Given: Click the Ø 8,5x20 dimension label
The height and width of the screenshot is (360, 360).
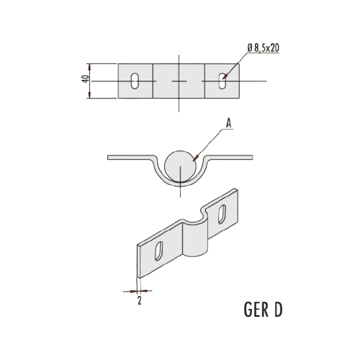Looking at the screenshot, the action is pyautogui.click(x=263, y=48).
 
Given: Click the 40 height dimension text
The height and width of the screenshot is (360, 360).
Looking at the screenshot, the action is pyautogui.click(x=86, y=79).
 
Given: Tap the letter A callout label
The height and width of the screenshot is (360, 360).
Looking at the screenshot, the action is pyautogui.click(x=229, y=124).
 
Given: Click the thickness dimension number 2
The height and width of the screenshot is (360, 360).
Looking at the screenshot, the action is pyautogui.click(x=140, y=300).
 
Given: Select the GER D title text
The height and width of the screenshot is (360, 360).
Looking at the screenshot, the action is pyautogui.click(x=263, y=310).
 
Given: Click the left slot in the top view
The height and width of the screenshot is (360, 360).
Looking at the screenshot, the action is pyautogui.click(x=135, y=81).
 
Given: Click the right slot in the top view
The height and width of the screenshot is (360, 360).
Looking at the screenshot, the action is pyautogui.click(x=222, y=81).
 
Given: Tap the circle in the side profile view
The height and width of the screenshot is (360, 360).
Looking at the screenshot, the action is pyautogui.click(x=180, y=166).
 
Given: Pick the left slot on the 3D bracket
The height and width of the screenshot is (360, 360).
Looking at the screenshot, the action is pyautogui.click(x=158, y=251).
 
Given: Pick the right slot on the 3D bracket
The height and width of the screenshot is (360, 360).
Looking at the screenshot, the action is pyautogui.click(x=222, y=214).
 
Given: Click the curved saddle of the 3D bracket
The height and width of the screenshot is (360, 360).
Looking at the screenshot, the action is pyautogui.click(x=194, y=236).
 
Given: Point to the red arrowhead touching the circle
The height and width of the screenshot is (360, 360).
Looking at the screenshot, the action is pyautogui.click(x=196, y=158).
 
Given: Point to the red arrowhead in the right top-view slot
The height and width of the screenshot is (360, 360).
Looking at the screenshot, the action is pyautogui.click(x=225, y=77).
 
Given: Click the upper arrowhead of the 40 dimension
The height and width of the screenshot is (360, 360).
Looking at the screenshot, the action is pyautogui.click(x=89, y=67).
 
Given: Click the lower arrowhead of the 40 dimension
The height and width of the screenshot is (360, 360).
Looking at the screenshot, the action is pyautogui.click(x=89, y=95).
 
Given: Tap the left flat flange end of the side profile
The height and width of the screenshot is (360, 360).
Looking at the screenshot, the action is pyautogui.click(x=109, y=157).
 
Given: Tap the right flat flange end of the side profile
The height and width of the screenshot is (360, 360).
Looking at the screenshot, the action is pyautogui.click(x=251, y=157).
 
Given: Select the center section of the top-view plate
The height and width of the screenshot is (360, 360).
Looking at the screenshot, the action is pyautogui.click(x=179, y=81).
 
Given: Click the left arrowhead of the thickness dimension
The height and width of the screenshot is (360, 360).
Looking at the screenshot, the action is pyautogui.click(x=133, y=292).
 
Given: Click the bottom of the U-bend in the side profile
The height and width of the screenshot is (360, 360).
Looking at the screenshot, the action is pyautogui.click(x=180, y=184).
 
